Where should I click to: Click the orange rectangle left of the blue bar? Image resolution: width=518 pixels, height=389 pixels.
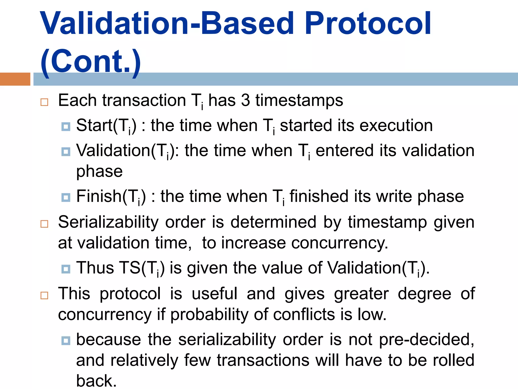point(15,79)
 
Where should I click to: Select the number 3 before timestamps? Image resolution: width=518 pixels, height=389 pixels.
point(245,100)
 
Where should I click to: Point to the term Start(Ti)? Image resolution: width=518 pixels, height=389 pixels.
point(106,126)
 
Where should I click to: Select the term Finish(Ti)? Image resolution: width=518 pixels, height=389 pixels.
point(111,197)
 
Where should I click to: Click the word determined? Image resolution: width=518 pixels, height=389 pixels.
point(273,222)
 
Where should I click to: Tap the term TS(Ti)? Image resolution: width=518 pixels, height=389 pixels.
point(142,268)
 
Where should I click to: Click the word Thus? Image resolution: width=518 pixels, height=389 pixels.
point(95,268)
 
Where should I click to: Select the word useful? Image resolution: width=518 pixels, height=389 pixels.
point(214,294)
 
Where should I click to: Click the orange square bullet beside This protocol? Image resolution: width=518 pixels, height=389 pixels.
point(44,295)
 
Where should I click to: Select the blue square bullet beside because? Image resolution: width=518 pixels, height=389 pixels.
point(66,341)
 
